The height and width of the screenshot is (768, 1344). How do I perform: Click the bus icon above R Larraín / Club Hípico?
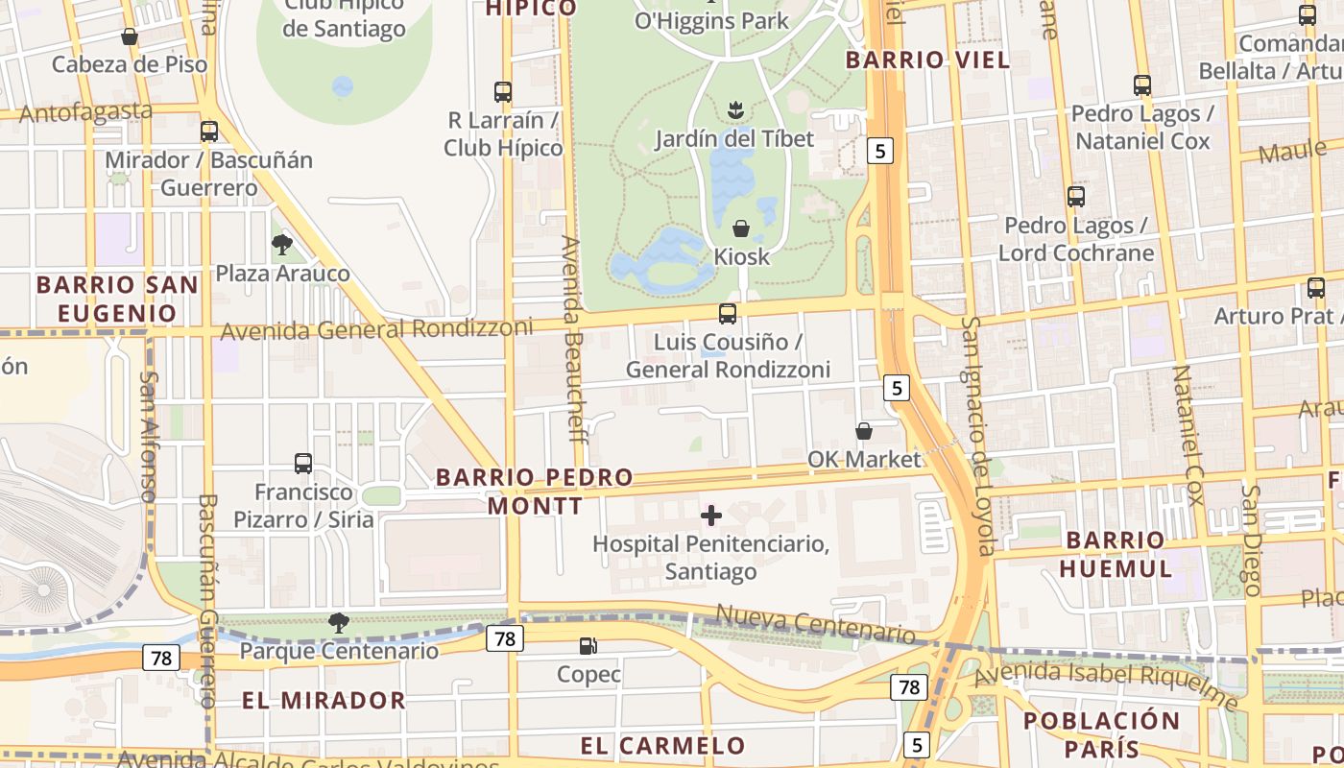(x=503, y=92)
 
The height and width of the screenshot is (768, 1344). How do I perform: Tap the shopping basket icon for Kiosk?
(x=741, y=228)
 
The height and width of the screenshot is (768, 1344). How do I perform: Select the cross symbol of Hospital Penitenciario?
(x=711, y=516)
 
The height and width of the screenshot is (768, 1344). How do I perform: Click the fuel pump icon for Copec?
(x=588, y=646)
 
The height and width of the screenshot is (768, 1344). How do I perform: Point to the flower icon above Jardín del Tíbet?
(x=735, y=110)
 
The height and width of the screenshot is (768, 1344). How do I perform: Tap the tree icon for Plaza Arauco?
(x=281, y=245)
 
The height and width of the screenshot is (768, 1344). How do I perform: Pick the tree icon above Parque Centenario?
(x=338, y=623)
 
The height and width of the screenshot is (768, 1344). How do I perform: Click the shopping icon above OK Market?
(x=864, y=431)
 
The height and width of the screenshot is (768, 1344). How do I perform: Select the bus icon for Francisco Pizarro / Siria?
(x=303, y=464)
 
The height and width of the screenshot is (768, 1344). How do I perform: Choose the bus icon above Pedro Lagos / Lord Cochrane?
(x=1076, y=197)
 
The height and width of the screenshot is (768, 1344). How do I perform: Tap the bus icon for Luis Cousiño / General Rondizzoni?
(x=728, y=314)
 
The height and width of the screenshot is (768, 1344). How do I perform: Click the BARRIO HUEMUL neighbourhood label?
(x=1116, y=554)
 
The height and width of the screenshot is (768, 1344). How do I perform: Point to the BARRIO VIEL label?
(x=927, y=60)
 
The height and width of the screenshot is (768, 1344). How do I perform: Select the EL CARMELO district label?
(x=662, y=745)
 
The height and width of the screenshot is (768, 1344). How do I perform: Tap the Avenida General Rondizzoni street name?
(x=376, y=329)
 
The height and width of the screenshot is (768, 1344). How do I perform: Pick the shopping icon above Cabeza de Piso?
(x=129, y=37)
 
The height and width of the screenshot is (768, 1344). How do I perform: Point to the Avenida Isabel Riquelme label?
(x=1104, y=686)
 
